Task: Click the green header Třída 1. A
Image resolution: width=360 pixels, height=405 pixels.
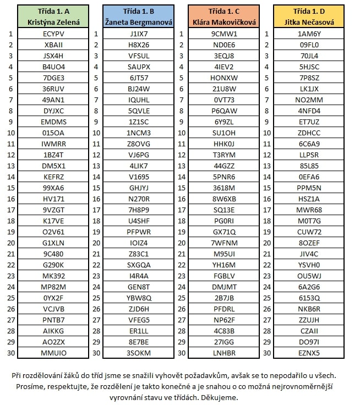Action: coord(53,16)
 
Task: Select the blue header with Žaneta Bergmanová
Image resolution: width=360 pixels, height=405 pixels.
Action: coord(139,16)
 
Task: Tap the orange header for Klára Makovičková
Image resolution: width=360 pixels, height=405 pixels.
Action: coord(224,16)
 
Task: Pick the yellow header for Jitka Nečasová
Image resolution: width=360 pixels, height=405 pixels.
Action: coord(309,16)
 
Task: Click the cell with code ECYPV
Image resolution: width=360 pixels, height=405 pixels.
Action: coord(53,34)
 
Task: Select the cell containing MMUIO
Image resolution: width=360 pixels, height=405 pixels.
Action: coord(53,353)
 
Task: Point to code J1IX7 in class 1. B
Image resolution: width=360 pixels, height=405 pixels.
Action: coord(139,34)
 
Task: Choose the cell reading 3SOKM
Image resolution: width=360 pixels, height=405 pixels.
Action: coord(139,353)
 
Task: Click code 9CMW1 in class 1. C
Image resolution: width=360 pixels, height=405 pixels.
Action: coord(224,34)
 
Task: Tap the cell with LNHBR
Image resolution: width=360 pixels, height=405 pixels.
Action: coord(224,353)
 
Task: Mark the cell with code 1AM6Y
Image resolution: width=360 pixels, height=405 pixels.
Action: coord(309,34)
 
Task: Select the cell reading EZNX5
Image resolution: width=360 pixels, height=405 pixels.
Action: coord(309,353)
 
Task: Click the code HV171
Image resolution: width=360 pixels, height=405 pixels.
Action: coord(53,199)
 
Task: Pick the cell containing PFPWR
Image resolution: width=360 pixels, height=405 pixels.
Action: coord(139,232)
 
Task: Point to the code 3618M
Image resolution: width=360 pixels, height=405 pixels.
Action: coord(224,188)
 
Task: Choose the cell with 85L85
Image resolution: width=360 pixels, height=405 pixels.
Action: coord(309,166)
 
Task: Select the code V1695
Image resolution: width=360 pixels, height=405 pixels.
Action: coord(139,177)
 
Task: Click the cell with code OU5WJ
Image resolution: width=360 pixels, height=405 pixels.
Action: coord(309,276)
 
